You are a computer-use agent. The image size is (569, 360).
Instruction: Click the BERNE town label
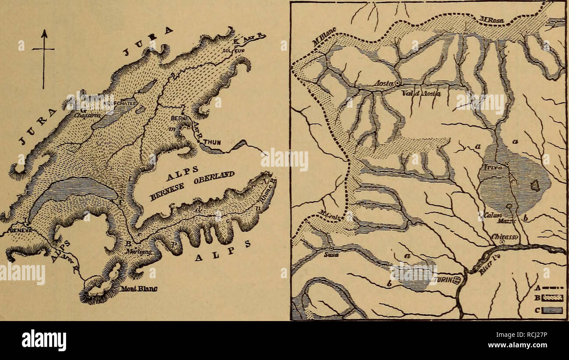tap(179, 119)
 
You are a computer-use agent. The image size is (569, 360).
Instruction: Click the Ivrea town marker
tap(507, 164)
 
